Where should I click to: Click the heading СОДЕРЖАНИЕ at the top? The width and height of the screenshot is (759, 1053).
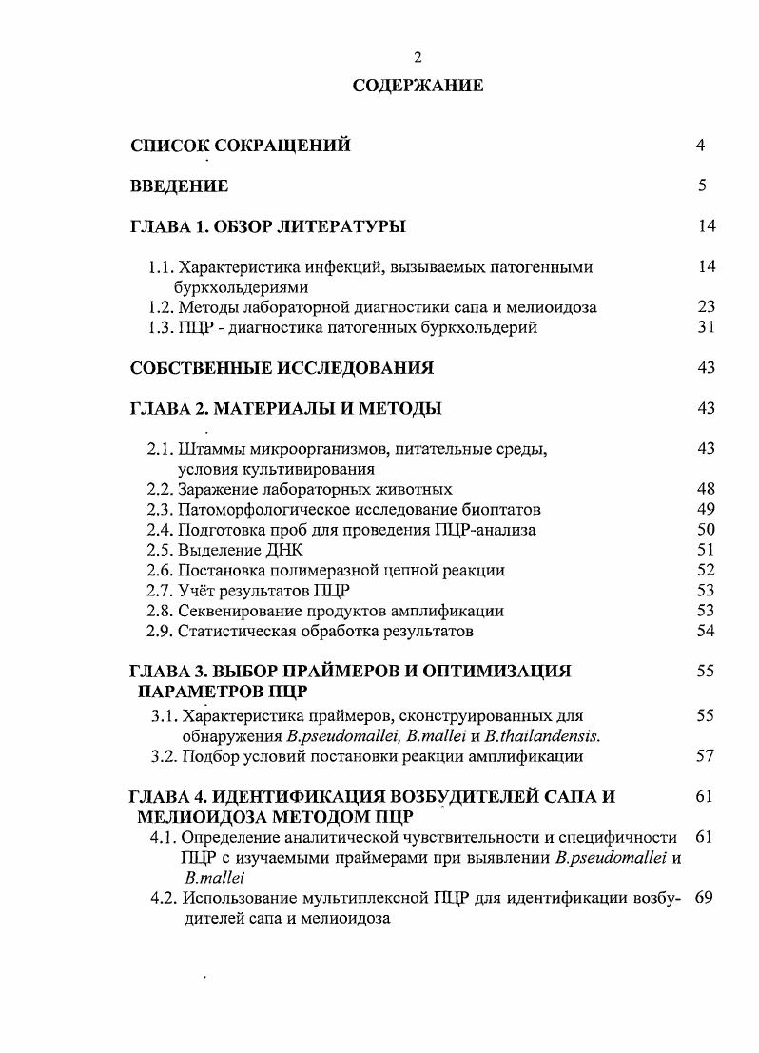click(418, 86)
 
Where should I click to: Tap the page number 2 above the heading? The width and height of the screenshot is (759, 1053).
click(418, 56)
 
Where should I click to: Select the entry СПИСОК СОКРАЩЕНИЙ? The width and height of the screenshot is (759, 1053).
click(240, 146)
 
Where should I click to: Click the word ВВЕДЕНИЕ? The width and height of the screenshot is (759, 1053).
click(179, 186)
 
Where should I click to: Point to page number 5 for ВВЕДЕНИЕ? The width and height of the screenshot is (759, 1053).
click(701, 186)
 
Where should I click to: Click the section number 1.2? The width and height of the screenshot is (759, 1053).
click(161, 307)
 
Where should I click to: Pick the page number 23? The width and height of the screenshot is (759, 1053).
click(705, 307)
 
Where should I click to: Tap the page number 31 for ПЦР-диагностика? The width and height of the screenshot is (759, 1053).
click(705, 328)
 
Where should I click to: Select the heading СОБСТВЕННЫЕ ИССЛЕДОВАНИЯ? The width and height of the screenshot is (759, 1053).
click(282, 368)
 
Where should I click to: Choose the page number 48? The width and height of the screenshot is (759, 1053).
click(705, 489)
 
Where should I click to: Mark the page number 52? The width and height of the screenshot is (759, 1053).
click(705, 570)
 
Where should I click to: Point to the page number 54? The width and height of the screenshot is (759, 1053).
click(705, 631)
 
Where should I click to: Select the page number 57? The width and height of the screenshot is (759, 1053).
click(705, 756)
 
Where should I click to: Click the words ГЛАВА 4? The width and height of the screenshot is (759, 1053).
click(165, 797)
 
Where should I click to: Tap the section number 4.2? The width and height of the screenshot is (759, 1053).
click(164, 899)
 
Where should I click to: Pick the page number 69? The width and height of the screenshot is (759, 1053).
click(704, 899)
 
